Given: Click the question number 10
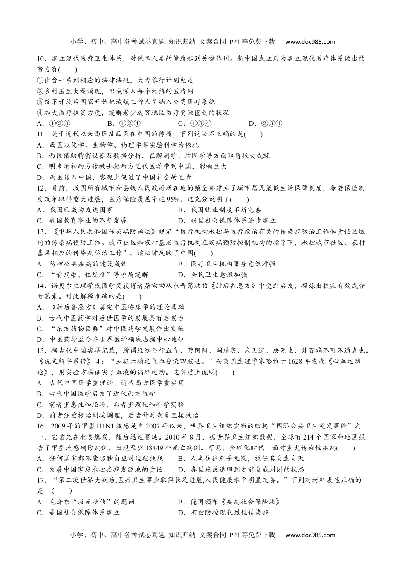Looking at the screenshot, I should click(x=41, y=59).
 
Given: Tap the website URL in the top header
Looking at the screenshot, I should click(x=310, y=42).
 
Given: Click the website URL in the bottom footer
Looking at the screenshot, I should click(x=310, y=535).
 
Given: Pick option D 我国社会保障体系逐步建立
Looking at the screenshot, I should click(x=227, y=221).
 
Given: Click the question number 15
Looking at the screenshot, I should click(x=41, y=351).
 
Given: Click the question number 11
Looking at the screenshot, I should click(x=41, y=134).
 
